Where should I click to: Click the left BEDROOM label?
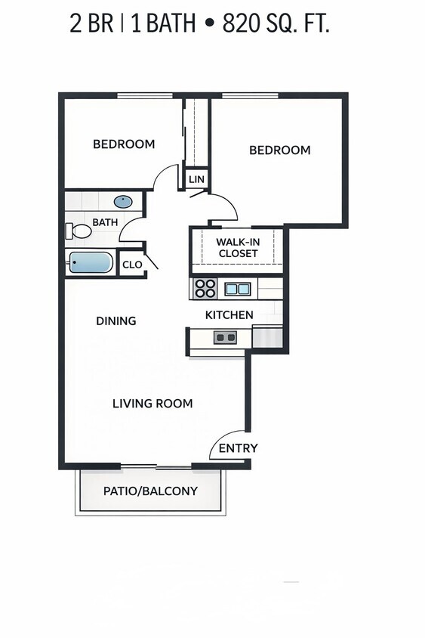tap(124, 144)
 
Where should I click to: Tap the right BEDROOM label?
tap(279, 150)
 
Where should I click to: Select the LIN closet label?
tap(196, 179)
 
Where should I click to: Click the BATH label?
tap(105, 222)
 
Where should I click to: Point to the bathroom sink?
tap(122, 202)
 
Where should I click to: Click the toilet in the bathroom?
tap(75, 231)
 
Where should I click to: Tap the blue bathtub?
tap(91, 263)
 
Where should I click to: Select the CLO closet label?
tap(132, 265)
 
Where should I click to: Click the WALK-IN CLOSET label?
tap(238, 247)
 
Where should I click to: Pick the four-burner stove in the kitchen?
tap(205, 288)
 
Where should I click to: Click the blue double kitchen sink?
tap(237, 288)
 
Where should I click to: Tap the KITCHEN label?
tap(229, 314)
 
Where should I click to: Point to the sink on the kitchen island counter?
tap(225, 337)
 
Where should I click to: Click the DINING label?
tap(116, 321)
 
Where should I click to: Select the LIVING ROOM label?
tap(152, 403)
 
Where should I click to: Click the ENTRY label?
tap(238, 448)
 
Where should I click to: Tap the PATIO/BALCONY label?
tap(150, 491)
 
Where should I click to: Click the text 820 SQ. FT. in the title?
tap(276, 24)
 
